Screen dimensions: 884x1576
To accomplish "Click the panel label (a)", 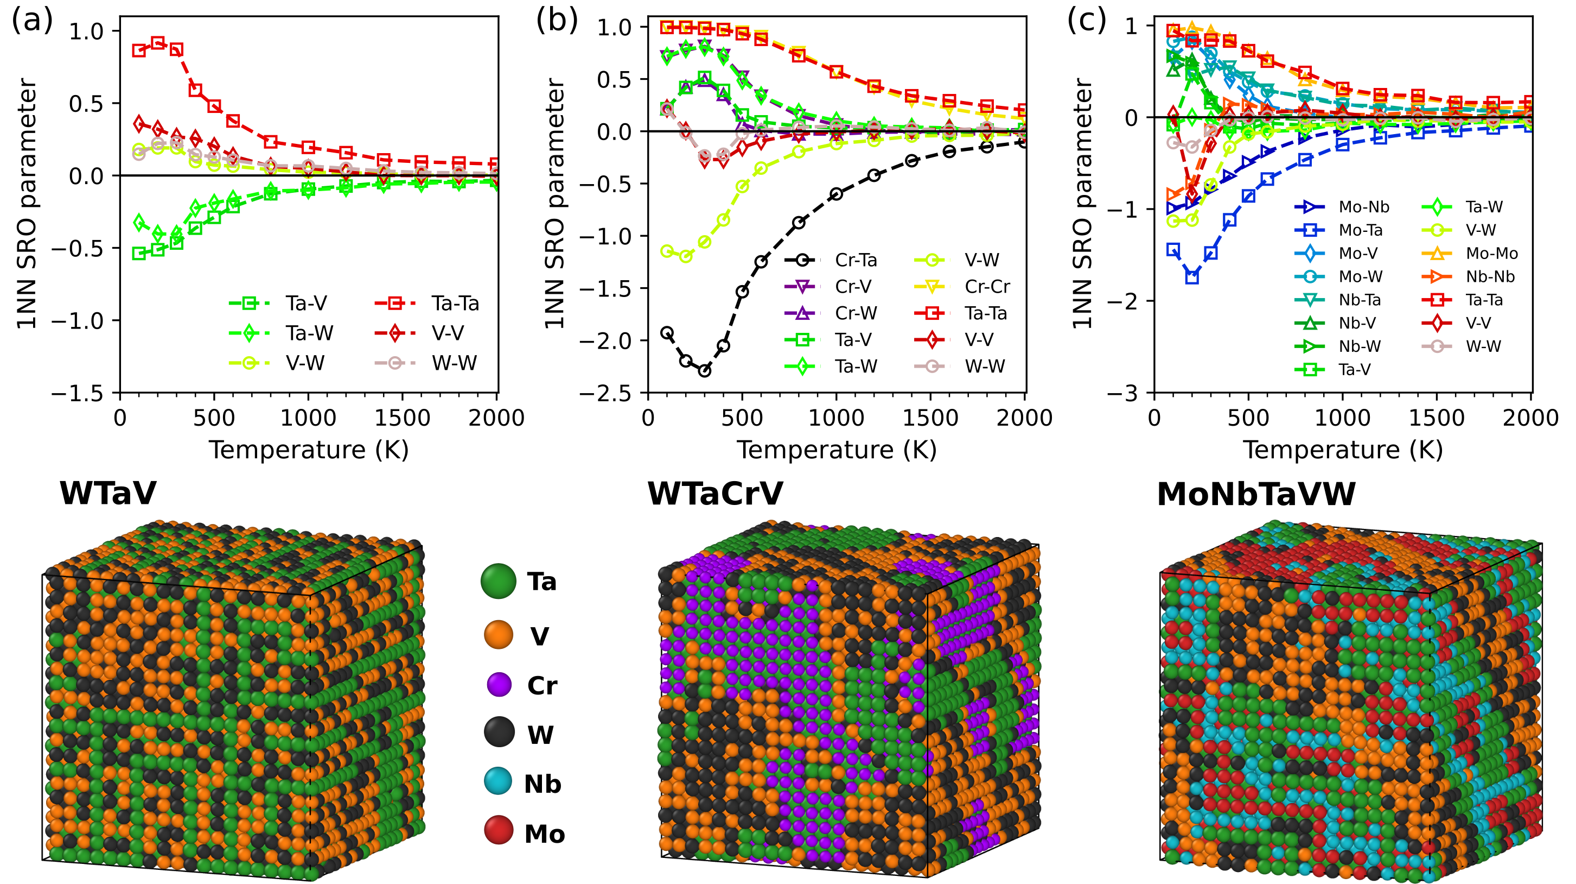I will click(32, 21).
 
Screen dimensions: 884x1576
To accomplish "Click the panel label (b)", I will click(557, 21).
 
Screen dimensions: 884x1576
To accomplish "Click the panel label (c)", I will click(1087, 21).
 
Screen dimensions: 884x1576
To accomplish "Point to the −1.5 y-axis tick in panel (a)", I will click(85, 393).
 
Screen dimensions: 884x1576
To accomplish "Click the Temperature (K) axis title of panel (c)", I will click(1343, 450).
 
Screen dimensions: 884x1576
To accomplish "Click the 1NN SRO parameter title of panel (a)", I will click(27, 204).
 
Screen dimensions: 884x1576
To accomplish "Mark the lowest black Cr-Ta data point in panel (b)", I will click(705, 370).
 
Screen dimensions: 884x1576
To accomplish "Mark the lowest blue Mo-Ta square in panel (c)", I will click(1192, 277).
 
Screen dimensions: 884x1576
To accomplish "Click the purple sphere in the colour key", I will click(499, 684).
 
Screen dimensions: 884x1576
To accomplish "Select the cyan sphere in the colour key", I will click(498, 781).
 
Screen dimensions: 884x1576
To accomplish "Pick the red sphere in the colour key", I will click(499, 830).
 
